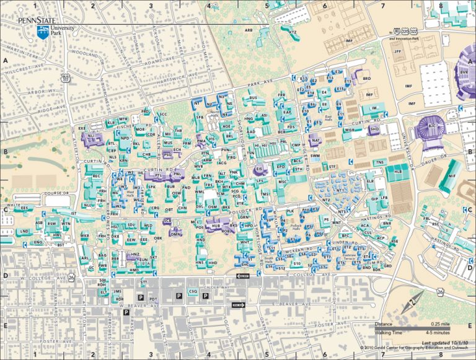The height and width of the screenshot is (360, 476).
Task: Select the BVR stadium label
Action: pos(465,72)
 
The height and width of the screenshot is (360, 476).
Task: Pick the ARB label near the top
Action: pos(249,30)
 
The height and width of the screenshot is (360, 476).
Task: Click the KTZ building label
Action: pos(293,30)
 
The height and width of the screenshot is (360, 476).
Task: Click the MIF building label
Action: pos(451,177)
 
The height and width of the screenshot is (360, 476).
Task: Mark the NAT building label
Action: pos(315,142)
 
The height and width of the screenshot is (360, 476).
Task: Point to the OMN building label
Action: pos(175,234)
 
